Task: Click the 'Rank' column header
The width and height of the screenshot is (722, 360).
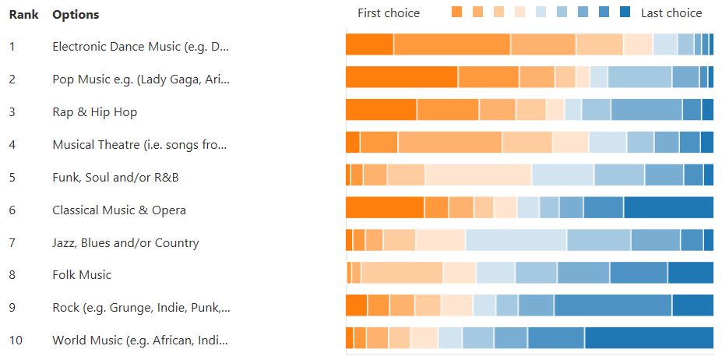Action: (x=23, y=15)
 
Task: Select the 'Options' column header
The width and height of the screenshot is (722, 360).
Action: (x=76, y=15)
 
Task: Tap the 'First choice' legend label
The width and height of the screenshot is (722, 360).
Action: (x=388, y=12)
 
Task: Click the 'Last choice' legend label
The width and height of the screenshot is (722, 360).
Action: (x=671, y=12)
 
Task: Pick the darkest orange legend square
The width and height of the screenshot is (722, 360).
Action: (x=457, y=12)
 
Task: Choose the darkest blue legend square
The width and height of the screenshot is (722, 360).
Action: (x=625, y=12)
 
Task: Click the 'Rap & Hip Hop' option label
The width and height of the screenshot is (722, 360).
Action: (x=94, y=112)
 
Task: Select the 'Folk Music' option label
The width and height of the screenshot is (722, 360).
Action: (x=82, y=275)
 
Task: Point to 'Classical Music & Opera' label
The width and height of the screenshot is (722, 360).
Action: (x=118, y=210)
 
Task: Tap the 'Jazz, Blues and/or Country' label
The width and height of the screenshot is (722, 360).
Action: (x=125, y=243)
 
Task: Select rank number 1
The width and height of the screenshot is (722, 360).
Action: (x=12, y=47)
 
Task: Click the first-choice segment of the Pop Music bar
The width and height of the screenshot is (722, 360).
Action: (x=401, y=77)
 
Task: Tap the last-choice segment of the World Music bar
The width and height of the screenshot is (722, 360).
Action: (x=649, y=337)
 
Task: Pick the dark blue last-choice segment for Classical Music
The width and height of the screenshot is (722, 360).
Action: (x=668, y=207)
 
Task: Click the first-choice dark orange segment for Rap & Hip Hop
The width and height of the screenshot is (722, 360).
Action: (x=381, y=110)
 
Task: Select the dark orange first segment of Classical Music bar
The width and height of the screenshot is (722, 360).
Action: (x=385, y=207)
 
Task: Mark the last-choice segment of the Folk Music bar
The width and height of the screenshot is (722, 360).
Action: (x=690, y=273)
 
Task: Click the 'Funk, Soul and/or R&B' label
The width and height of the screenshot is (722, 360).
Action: (x=115, y=178)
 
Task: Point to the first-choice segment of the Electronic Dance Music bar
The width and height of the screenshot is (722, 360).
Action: (x=369, y=44)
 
